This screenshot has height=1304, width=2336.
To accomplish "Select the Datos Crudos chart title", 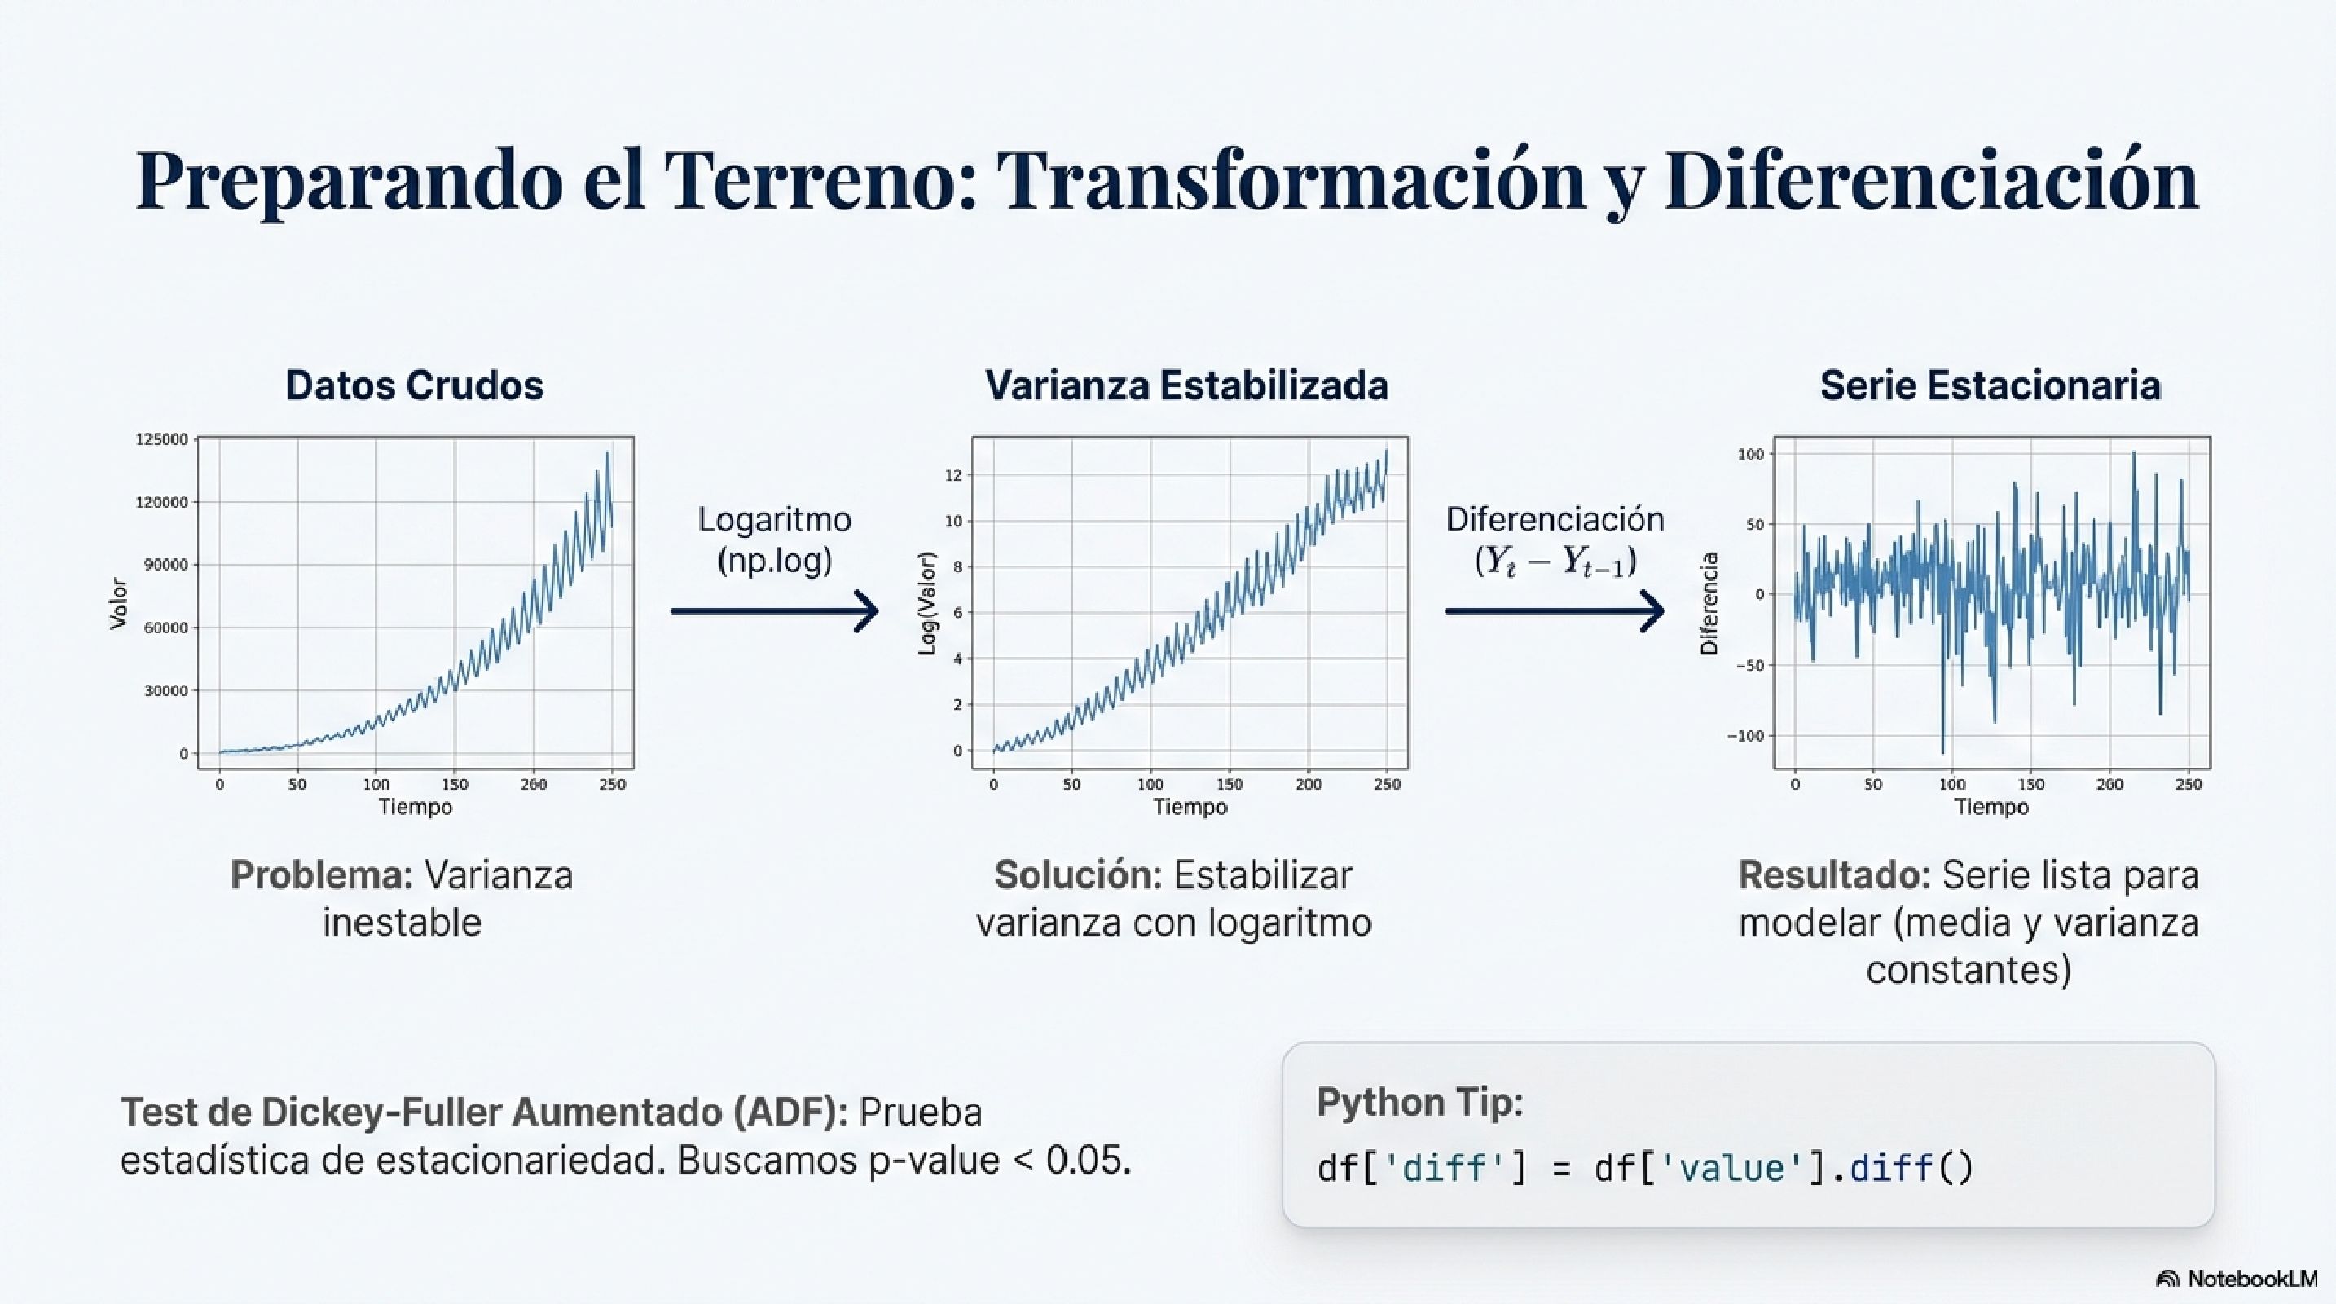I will tap(415, 385).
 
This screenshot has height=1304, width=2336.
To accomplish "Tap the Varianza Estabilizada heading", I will tap(1186, 385).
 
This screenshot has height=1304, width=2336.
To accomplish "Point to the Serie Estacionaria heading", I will tap(1991, 385).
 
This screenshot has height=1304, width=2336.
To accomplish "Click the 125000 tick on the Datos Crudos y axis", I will tap(161, 440).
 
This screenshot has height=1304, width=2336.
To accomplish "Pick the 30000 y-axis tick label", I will tap(166, 691).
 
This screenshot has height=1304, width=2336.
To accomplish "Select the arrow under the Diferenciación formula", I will tap(1555, 611).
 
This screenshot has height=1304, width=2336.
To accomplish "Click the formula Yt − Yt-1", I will tap(1555, 562).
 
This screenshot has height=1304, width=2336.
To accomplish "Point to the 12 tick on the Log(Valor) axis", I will tap(952, 475).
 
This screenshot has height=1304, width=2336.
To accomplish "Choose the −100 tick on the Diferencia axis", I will tap(1744, 736).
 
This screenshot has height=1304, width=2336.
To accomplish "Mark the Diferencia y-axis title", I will tap(1709, 603).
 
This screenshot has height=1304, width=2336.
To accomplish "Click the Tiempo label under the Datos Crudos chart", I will tap(415, 807).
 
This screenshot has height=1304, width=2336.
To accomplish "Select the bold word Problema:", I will tap(321, 876).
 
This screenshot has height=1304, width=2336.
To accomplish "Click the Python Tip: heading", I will tap(1419, 1103).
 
